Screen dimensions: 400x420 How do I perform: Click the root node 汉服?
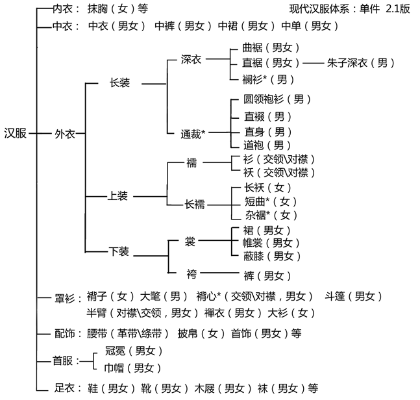[16, 133]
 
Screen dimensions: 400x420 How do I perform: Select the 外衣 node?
[66, 133]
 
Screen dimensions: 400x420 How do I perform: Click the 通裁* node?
[193, 134]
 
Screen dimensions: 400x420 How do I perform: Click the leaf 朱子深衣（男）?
[360, 63]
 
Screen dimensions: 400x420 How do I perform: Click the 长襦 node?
[194, 204]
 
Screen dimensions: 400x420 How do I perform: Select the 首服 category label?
[62, 360]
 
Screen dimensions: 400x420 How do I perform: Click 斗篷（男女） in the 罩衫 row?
[353, 296]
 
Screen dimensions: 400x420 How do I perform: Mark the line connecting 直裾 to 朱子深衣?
[313, 63]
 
